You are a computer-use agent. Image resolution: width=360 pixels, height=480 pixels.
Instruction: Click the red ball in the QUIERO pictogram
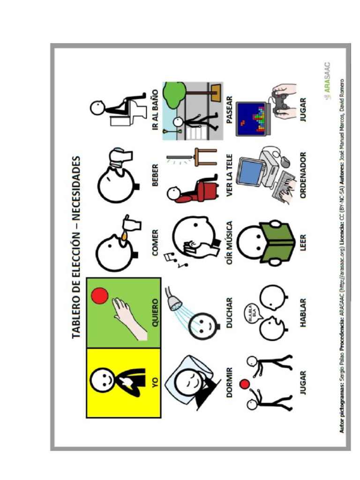click(x=99, y=296)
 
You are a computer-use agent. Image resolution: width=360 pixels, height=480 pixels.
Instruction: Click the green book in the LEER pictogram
click(x=270, y=242)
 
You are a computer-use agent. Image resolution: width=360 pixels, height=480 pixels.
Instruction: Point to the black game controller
click(x=281, y=103)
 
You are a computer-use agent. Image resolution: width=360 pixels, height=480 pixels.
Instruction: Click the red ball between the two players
click(x=244, y=385)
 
